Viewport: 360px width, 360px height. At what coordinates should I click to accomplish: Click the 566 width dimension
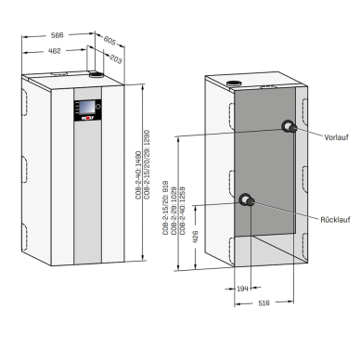(x=58, y=35)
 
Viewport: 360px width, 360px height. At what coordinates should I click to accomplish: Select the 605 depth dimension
(x=109, y=40)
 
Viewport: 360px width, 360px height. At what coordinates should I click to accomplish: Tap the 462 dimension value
(x=55, y=51)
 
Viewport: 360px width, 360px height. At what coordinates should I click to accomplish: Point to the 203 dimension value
(x=116, y=58)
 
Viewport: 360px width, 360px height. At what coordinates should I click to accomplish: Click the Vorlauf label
(x=336, y=137)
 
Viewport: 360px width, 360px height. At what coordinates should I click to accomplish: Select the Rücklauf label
(x=335, y=220)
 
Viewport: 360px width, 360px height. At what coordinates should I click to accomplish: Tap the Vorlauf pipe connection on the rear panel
(x=289, y=126)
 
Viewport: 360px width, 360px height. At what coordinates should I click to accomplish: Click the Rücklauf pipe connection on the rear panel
(x=247, y=200)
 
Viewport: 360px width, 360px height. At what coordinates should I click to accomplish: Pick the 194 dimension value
(x=242, y=289)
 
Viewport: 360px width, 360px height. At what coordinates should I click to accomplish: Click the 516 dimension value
(x=264, y=303)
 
